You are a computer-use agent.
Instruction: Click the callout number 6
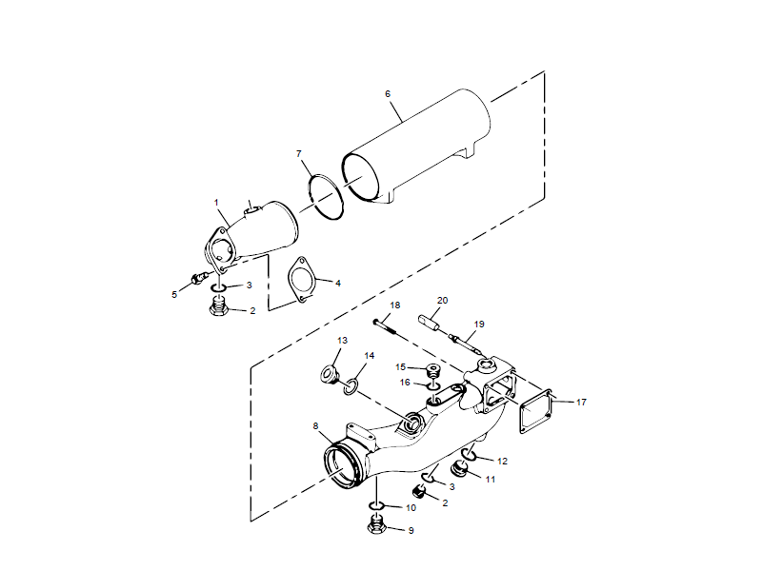point(388,94)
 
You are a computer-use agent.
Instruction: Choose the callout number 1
point(216,202)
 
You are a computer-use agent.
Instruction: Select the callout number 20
point(441,300)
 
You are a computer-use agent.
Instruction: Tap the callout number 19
point(479,324)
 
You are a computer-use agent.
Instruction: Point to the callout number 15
point(401,367)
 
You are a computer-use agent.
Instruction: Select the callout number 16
point(404,382)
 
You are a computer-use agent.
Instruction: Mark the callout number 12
point(502,462)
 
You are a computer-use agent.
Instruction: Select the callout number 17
point(581,402)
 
